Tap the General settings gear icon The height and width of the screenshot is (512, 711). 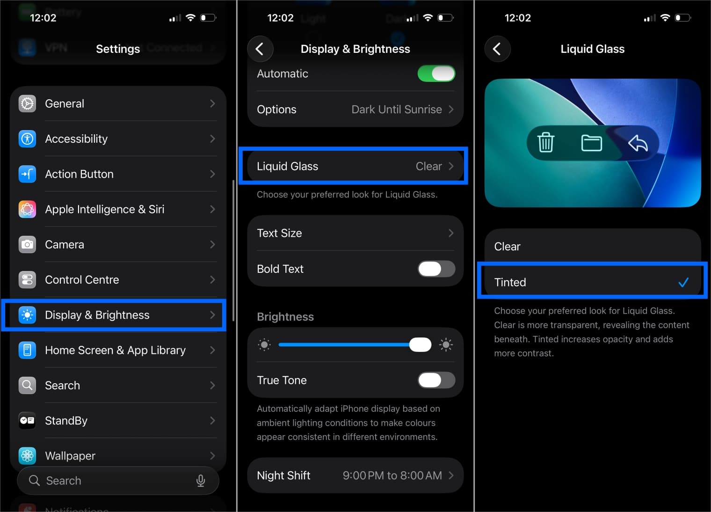click(27, 103)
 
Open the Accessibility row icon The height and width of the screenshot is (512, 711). click(27, 139)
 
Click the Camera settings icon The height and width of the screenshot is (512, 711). click(27, 244)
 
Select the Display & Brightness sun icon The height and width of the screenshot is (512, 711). click(27, 315)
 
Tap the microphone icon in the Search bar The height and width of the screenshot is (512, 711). click(201, 481)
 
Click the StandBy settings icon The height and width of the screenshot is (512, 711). click(27, 420)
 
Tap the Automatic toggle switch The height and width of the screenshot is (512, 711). click(436, 73)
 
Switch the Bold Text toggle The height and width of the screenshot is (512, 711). click(436, 269)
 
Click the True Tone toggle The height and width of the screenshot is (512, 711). click(436, 380)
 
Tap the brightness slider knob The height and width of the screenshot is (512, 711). click(420, 345)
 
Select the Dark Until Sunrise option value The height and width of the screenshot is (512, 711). click(397, 110)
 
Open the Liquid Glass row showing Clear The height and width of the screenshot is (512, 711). click(355, 166)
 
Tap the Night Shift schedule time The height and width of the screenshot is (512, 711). click(392, 475)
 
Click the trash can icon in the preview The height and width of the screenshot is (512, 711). click(545, 143)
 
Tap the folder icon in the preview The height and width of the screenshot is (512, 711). click(591, 143)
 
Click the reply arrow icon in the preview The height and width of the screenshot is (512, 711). click(638, 143)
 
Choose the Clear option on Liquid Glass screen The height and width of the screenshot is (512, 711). click(592, 247)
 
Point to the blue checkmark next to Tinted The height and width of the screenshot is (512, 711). click(683, 282)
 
